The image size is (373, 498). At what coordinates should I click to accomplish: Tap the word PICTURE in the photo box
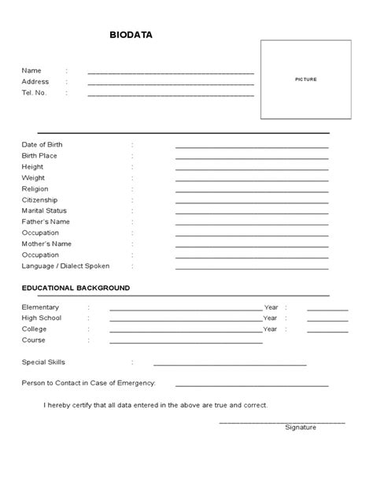click(305, 80)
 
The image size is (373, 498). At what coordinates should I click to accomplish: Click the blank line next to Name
click(171, 72)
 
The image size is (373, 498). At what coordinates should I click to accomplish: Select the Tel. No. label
click(35, 93)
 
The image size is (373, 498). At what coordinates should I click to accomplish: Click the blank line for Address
click(171, 84)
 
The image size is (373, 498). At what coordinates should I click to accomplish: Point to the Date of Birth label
click(42, 145)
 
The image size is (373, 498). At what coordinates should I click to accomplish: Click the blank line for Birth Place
click(252, 158)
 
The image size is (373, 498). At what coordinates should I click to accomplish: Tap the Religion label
click(35, 189)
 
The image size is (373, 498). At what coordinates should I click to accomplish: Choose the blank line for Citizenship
click(252, 203)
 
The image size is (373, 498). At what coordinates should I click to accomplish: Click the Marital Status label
click(44, 211)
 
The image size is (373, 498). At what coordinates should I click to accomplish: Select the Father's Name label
click(46, 222)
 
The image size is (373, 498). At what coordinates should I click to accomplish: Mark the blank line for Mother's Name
click(252, 247)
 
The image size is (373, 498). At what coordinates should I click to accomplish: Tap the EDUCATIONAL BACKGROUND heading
click(76, 288)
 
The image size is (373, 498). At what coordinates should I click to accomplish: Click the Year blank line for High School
click(327, 321)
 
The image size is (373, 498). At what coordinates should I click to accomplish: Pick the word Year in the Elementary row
click(271, 307)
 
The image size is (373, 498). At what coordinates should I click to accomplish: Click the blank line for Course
click(186, 343)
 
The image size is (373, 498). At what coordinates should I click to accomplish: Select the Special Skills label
click(44, 362)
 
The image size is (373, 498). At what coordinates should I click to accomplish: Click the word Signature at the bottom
click(301, 427)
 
